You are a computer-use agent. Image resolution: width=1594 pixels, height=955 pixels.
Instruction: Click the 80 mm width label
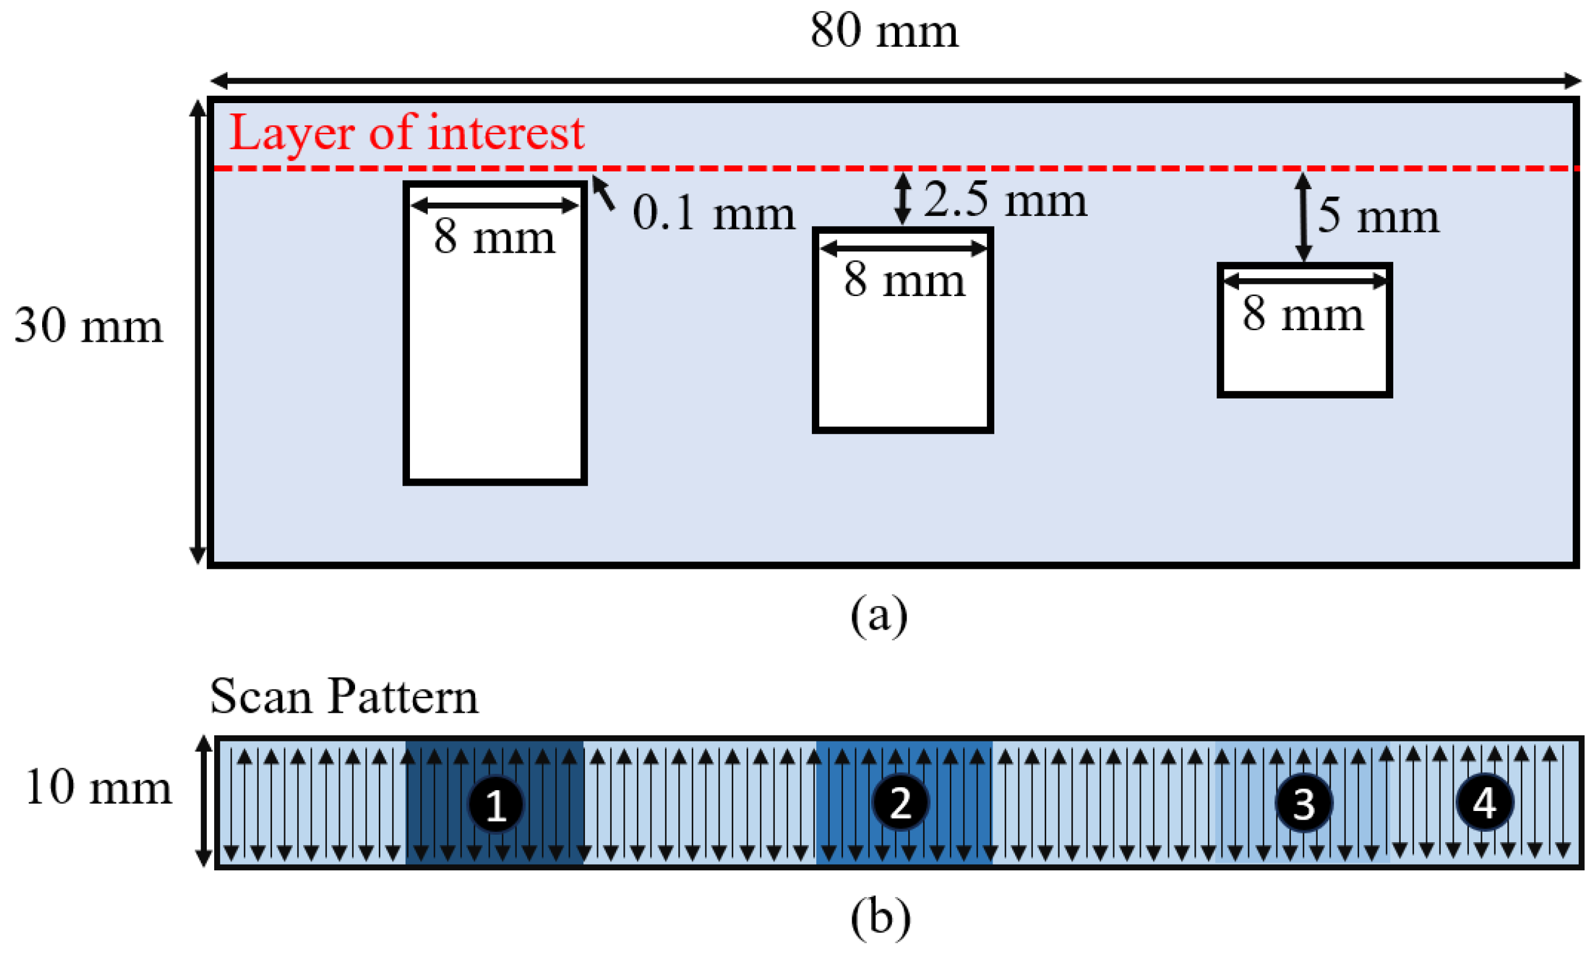point(884,31)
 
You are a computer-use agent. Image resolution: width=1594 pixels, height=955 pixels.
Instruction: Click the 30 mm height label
point(89,326)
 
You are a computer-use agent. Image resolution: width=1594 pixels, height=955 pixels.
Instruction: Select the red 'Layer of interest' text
point(406,132)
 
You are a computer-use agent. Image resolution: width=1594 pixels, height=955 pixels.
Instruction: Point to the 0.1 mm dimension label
point(713,213)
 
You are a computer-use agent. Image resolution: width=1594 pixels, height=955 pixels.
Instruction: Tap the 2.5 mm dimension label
point(1005,200)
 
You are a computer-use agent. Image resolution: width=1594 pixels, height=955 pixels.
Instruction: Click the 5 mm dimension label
point(1378,216)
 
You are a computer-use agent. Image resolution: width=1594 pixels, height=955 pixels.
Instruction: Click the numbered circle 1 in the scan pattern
point(495,804)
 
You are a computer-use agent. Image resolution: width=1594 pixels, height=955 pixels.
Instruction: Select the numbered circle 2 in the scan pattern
point(900,802)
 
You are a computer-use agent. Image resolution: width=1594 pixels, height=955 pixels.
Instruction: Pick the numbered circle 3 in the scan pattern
point(1303,803)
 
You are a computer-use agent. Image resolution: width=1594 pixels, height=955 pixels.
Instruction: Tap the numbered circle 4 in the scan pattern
point(1485,802)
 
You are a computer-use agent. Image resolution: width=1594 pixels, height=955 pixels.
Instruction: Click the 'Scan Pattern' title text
point(344,697)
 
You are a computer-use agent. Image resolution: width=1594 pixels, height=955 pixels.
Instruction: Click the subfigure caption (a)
point(878,615)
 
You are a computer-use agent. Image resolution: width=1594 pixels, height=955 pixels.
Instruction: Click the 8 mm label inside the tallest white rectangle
point(494,237)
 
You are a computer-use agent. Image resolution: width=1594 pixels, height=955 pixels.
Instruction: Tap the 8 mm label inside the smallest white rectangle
point(1302,314)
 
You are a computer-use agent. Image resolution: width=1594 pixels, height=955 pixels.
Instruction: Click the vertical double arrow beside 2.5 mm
point(902,198)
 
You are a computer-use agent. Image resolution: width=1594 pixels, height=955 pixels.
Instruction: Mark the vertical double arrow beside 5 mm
point(1303,217)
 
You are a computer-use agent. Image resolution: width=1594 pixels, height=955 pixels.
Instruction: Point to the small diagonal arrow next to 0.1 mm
point(603,192)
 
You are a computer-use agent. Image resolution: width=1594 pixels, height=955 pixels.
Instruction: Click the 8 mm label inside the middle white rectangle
point(905,280)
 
